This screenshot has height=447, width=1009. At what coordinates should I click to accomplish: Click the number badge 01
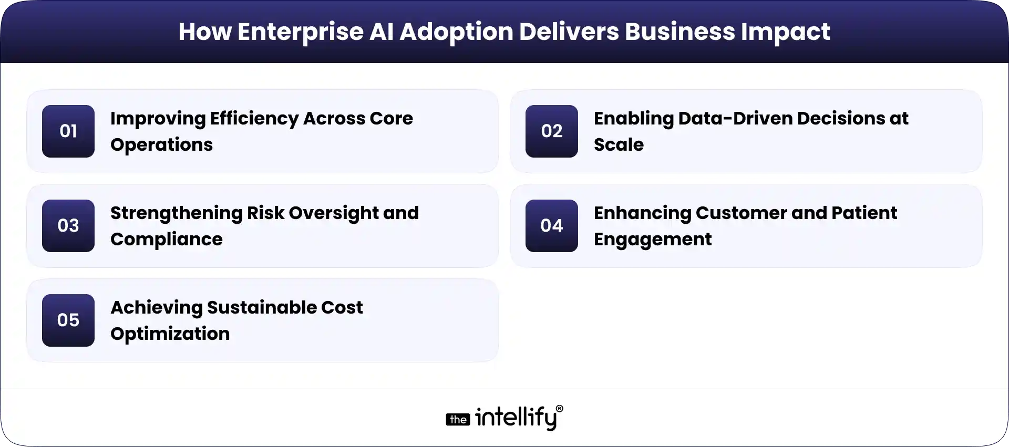pos(68,131)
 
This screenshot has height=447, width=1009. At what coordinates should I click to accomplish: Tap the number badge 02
pos(552,131)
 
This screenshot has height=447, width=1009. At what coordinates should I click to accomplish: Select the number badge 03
pos(68,226)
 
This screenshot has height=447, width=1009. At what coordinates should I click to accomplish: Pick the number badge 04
pos(552,226)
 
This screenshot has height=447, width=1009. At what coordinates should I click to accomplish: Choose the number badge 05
pos(68,320)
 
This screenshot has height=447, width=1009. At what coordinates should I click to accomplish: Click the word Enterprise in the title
pos(300,32)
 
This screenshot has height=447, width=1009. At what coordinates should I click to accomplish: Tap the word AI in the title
pos(382,32)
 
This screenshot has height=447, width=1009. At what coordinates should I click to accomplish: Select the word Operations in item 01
pos(161,145)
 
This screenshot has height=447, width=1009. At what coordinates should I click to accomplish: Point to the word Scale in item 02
pos(619,145)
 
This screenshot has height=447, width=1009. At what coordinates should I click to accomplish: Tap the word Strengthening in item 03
pos(176,214)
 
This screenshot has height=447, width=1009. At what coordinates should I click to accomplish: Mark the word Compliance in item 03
pos(166,240)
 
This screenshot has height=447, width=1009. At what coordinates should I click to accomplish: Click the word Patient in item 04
pos(864,213)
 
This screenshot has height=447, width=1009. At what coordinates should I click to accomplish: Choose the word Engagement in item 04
pos(653,240)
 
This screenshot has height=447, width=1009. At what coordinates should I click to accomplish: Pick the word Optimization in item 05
pos(170,334)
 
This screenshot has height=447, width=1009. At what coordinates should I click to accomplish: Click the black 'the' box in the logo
pos(458,420)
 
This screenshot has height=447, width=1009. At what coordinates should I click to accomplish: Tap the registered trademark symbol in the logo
pos(559,409)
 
